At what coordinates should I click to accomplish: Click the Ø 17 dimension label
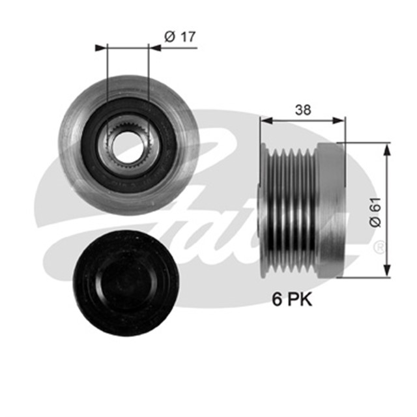point(180,37)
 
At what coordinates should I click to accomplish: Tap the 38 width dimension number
point(302,110)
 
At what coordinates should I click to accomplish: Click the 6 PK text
point(291,300)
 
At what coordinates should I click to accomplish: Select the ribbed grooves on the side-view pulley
point(291,209)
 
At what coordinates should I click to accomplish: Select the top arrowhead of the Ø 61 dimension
point(388,145)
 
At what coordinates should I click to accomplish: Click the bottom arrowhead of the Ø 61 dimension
point(388,272)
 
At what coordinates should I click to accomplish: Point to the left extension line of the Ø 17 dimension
point(105,72)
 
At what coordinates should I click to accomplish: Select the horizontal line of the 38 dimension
point(302,120)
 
